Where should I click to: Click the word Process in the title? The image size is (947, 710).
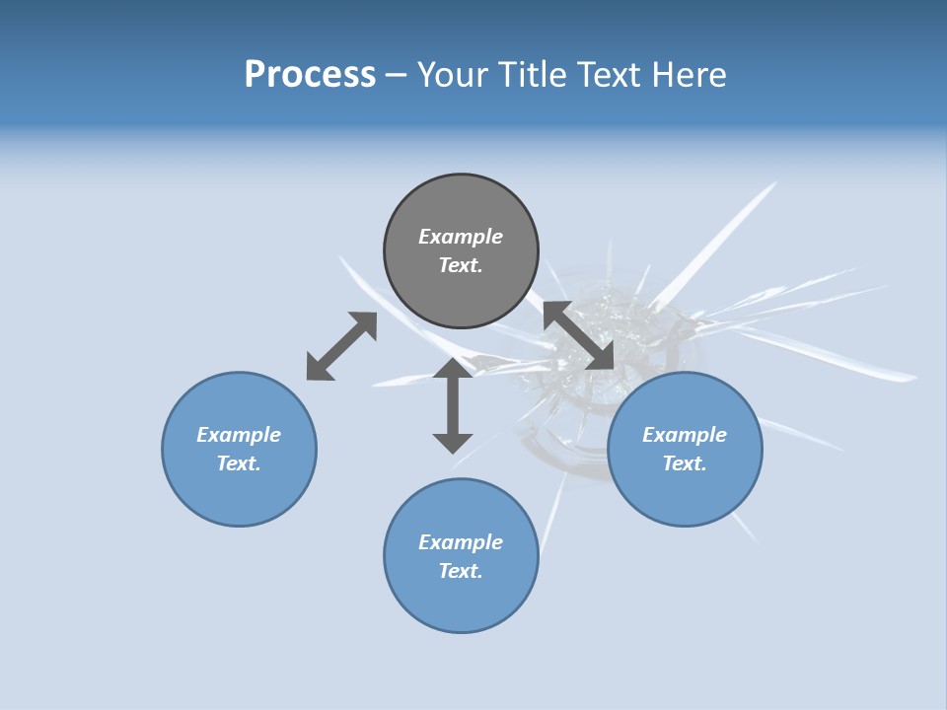310,75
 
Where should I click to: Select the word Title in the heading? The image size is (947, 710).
534,75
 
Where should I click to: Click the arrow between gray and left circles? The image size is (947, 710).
341,346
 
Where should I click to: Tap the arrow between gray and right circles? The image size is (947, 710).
578,335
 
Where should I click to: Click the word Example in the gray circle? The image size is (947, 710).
461,237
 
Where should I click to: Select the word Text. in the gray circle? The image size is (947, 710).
461,265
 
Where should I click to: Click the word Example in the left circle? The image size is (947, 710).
239,435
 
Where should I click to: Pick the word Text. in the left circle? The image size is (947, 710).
239,463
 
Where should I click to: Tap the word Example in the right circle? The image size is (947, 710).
685,435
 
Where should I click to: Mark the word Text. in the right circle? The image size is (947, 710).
685,463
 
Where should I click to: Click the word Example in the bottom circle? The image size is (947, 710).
461,542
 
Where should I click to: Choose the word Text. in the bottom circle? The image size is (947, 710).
461,571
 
